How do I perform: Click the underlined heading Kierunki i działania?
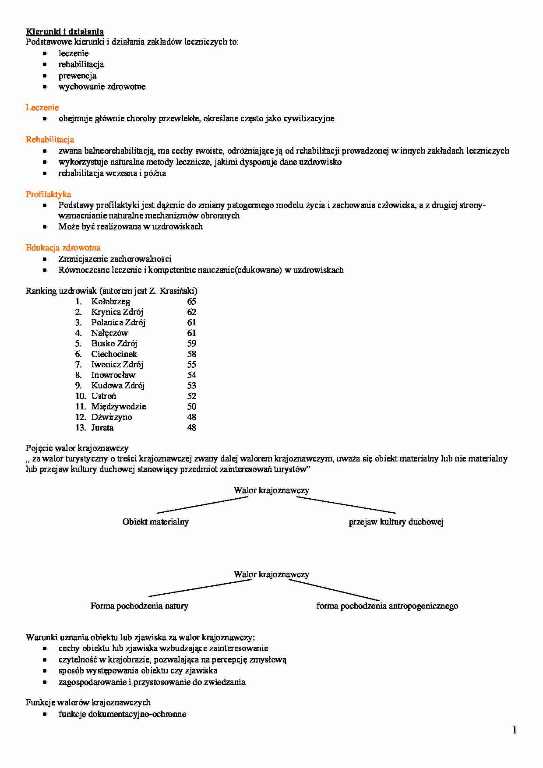tap(65, 32)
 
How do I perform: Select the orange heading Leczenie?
tap(42, 108)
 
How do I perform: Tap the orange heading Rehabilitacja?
tap(50, 140)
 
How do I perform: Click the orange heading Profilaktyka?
tap(48, 194)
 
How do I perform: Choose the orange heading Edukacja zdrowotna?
tap(63, 248)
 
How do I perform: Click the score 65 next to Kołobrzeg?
tap(191, 302)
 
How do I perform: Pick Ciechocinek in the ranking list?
tap(114, 354)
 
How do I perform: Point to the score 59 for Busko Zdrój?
tap(191, 344)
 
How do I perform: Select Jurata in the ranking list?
tap(102, 428)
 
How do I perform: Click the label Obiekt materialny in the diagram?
tap(155, 522)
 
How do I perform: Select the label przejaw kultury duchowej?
tap(396, 522)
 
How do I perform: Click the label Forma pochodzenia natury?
tap(139, 606)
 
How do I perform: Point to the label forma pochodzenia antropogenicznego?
tap(387, 606)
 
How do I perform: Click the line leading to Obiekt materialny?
tap(202, 505)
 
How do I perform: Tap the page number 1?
tap(515, 730)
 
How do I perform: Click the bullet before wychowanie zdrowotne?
tap(45, 87)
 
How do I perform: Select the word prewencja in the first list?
tap(78, 76)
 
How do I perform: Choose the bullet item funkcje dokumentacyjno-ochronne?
tap(122, 714)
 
